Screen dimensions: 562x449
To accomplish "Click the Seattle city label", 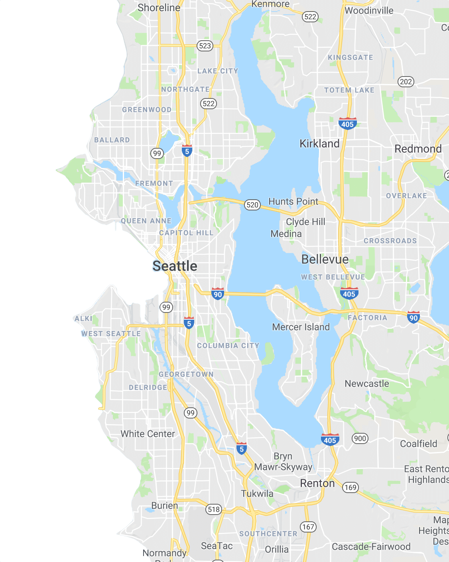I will tap(175, 266).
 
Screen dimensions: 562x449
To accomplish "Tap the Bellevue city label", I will tap(325, 259).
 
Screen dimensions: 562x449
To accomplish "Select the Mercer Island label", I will tap(301, 327).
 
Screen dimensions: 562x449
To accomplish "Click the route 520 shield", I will tap(252, 205).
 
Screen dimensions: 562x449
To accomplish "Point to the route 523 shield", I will tap(205, 46).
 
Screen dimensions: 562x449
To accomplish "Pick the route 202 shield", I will tap(406, 82).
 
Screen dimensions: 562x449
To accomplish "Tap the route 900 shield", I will tap(360, 438).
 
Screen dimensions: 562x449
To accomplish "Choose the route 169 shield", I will tap(350, 487).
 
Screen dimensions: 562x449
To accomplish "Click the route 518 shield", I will tap(214, 509).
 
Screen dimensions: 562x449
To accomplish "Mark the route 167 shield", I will tap(308, 527).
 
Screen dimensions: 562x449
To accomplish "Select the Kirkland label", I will tap(319, 143).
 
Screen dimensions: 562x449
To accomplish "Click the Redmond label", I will tap(418, 149).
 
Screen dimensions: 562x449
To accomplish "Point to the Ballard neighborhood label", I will tap(112, 140).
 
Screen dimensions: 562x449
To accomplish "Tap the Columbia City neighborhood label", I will tap(228, 346).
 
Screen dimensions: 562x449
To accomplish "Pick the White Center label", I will tap(148, 434).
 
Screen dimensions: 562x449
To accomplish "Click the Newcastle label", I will tap(366, 383).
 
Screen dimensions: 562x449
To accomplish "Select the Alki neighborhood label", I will tap(83, 318).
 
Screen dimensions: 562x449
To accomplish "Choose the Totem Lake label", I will tap(349, 90).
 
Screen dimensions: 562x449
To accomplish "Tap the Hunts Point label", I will tap(293, 201).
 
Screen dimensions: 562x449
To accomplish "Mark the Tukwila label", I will tap(257, 493).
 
